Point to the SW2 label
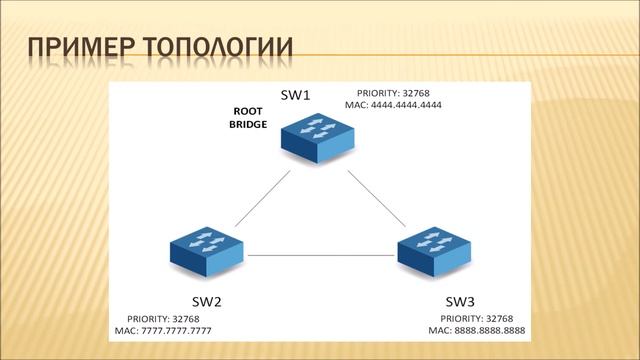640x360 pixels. pyautogui.click(x=206, y=300)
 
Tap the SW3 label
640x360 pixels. pyautogui.click(x=461, y=300)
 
